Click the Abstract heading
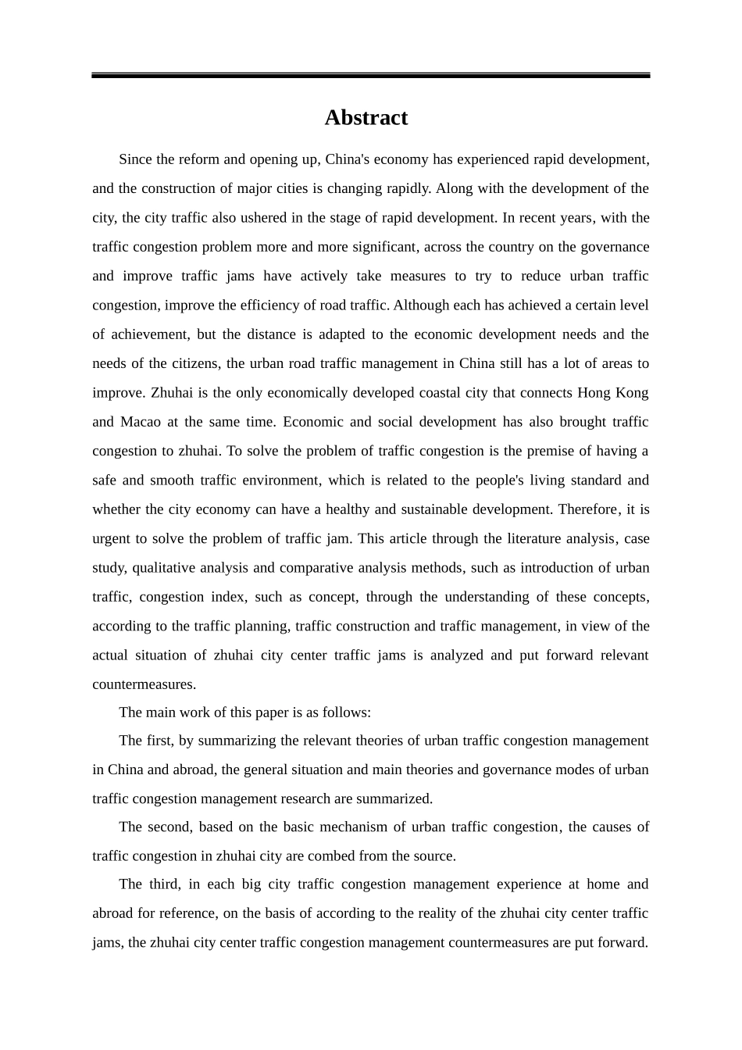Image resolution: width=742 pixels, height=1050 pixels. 366,118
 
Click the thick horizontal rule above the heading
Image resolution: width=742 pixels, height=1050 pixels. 370,76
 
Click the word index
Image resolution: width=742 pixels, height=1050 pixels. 228,597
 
